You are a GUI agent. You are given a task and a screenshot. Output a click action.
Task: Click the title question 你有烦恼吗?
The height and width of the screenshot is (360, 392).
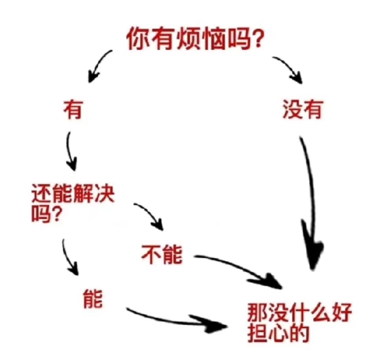point(194,39)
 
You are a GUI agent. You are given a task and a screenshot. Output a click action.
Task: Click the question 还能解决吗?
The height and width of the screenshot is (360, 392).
point(73,203)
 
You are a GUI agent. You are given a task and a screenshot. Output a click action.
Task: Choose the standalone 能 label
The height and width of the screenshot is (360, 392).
point(93,299)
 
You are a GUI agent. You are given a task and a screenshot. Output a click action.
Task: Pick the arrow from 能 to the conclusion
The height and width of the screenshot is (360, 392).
point(175,321)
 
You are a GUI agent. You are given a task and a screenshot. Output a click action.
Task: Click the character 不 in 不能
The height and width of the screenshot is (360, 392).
point(151,254)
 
